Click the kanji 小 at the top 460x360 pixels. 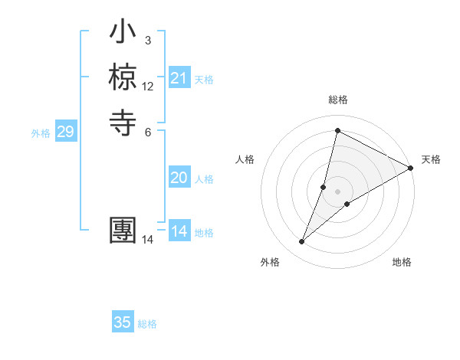click(123, 35)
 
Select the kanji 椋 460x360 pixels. click(123, 78)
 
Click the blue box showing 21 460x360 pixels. click(179, 78)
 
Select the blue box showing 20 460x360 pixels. click(179, 178)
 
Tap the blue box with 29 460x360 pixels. click(65, 132)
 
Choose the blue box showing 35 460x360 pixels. click(123, 322)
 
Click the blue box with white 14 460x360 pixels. click(179, 231)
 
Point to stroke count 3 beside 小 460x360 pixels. click(147, 40)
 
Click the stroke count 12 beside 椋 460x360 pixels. click(148, 87)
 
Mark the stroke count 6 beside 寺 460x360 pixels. click(147, 132)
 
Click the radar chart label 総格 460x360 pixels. click(338, 100)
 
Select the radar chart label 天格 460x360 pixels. click(431, 159)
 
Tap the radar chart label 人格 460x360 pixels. click(245, 159)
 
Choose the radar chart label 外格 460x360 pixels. click(270, 262)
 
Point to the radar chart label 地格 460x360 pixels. click(402, 262)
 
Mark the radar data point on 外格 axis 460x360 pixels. click(302, 242)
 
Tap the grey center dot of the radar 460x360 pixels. click(338, 191)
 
